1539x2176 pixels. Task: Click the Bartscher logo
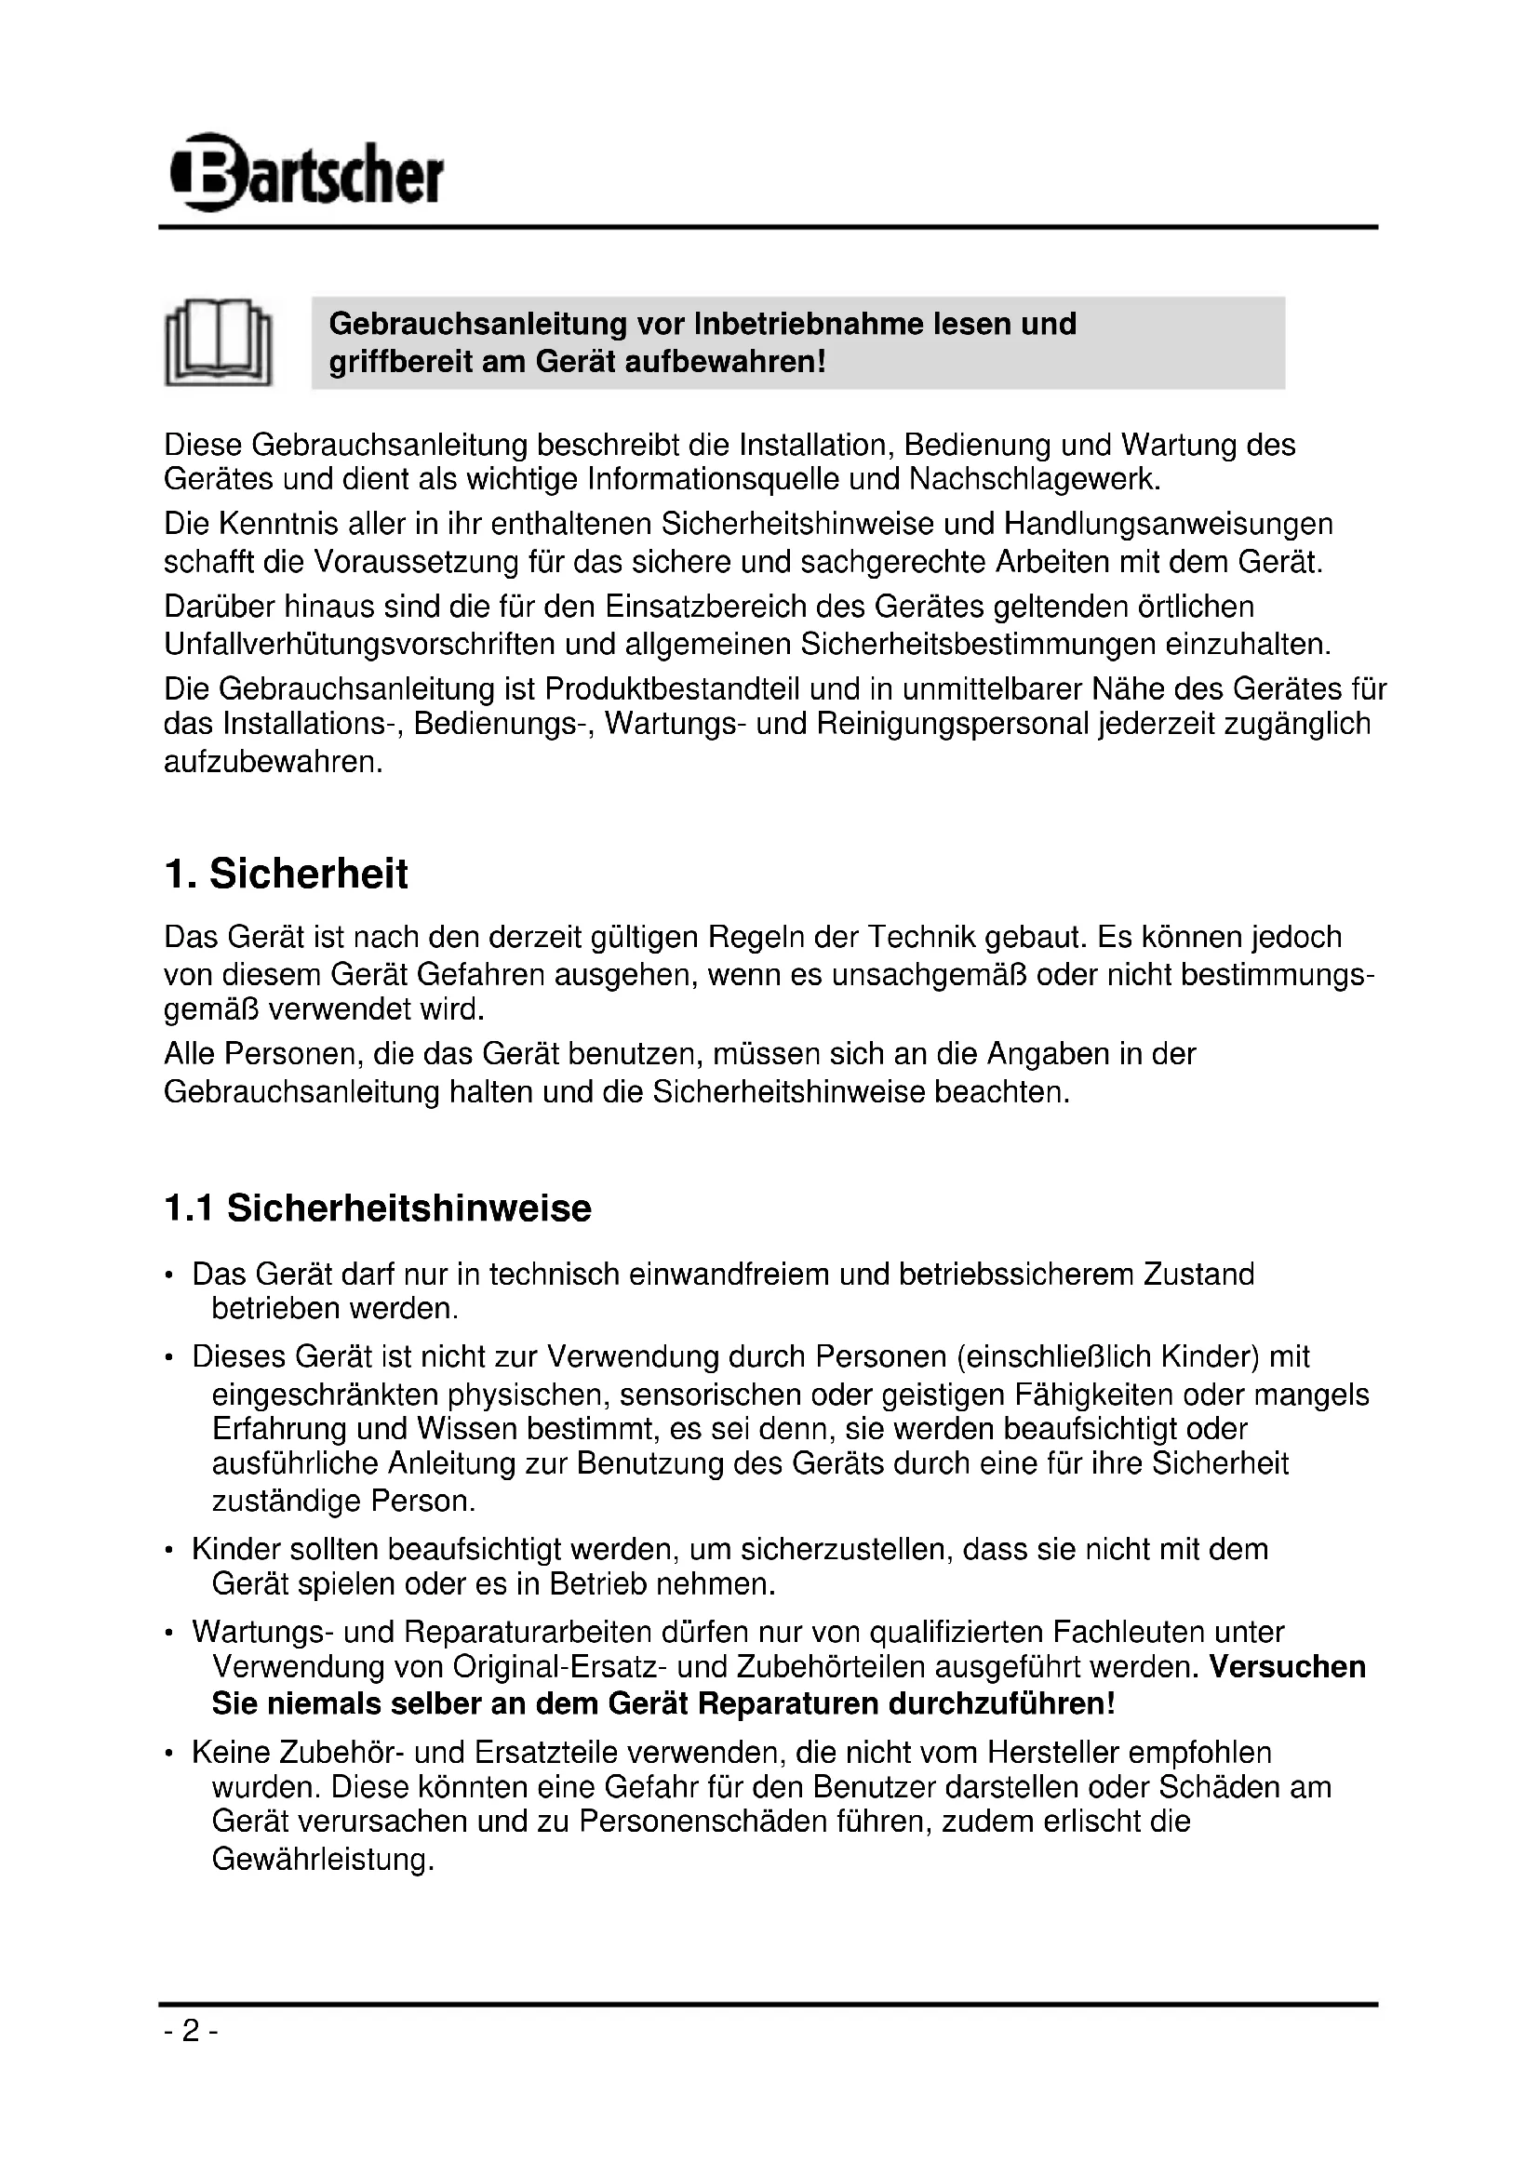(307, 172)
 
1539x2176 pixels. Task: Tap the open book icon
(218, 343)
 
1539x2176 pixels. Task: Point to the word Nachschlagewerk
(1033, 479)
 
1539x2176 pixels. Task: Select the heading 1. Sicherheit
(287, 874)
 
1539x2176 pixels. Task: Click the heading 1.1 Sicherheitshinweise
(377, 1209)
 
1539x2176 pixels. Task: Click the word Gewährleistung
(322, 1860)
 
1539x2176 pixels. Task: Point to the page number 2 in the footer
(191, 2031)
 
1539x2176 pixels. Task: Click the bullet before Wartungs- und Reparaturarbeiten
(168, 1634)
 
